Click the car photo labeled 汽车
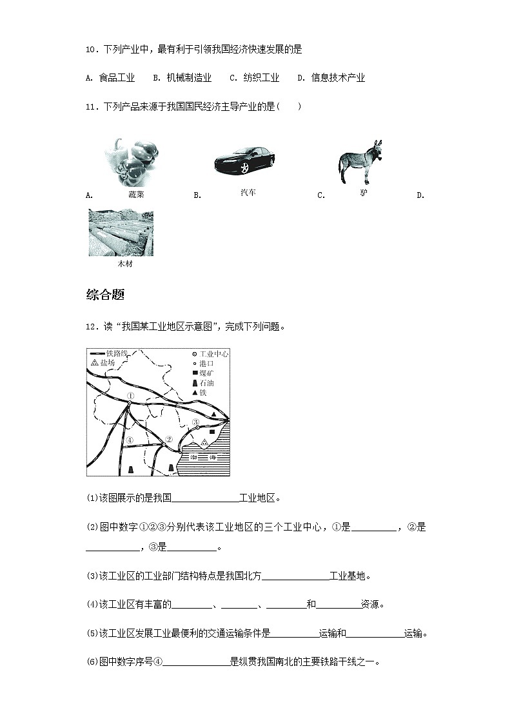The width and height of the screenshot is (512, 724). click(244, 160)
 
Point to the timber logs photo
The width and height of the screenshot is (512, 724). click(121, 233)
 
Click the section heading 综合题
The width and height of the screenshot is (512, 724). click(105, 295)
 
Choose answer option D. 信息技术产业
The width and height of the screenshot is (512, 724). click(331, 78)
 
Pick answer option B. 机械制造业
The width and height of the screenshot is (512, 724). click(182, 78)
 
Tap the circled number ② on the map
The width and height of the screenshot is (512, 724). click(168, 440)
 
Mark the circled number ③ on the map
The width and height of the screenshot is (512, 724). click(195, 422)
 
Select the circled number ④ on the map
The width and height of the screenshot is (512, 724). click(130, 440)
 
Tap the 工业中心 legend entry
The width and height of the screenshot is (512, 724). click(210, 354)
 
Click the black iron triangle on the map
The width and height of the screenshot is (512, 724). click(214, 414)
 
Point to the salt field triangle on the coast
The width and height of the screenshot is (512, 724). click(204, 443)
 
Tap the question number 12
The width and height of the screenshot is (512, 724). click(90, 326)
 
